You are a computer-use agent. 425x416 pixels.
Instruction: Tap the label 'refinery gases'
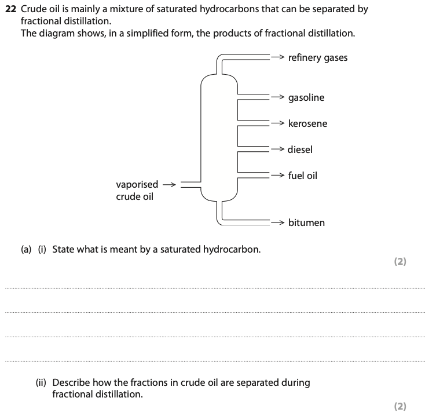[x=318, y=57]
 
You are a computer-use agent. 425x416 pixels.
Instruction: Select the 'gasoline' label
[x=306, y=97]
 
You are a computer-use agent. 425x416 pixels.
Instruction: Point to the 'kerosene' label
[x=307, y=123]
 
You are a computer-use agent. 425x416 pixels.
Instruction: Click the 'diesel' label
[x=300, y=149]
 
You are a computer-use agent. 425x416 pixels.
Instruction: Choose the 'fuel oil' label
[x=302, y=175]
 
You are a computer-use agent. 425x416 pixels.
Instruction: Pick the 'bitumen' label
[x=306, y=222]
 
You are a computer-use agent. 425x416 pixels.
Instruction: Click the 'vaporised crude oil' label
[x=137, y=190]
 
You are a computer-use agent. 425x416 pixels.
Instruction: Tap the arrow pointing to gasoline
[x=279, y=97]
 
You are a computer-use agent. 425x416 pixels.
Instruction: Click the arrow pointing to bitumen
[x=279, y=222]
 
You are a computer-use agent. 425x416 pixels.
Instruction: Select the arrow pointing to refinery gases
[x=279, y=57]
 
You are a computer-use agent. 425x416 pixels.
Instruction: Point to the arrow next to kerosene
[x=279, y=123]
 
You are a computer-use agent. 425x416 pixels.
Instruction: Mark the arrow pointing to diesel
[x=278, y=149]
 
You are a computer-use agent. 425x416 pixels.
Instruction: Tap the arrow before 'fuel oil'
[x=279, y=175]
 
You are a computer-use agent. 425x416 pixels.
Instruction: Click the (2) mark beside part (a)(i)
[x=400, y=261]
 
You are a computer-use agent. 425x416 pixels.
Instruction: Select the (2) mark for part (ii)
[x=400, y=406]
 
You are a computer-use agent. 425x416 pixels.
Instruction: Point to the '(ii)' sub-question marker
[x=42, y=382]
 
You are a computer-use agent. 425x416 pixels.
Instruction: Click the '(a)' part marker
[x=27, y=250]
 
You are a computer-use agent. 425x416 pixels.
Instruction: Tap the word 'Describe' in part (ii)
[x=72, y=382]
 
